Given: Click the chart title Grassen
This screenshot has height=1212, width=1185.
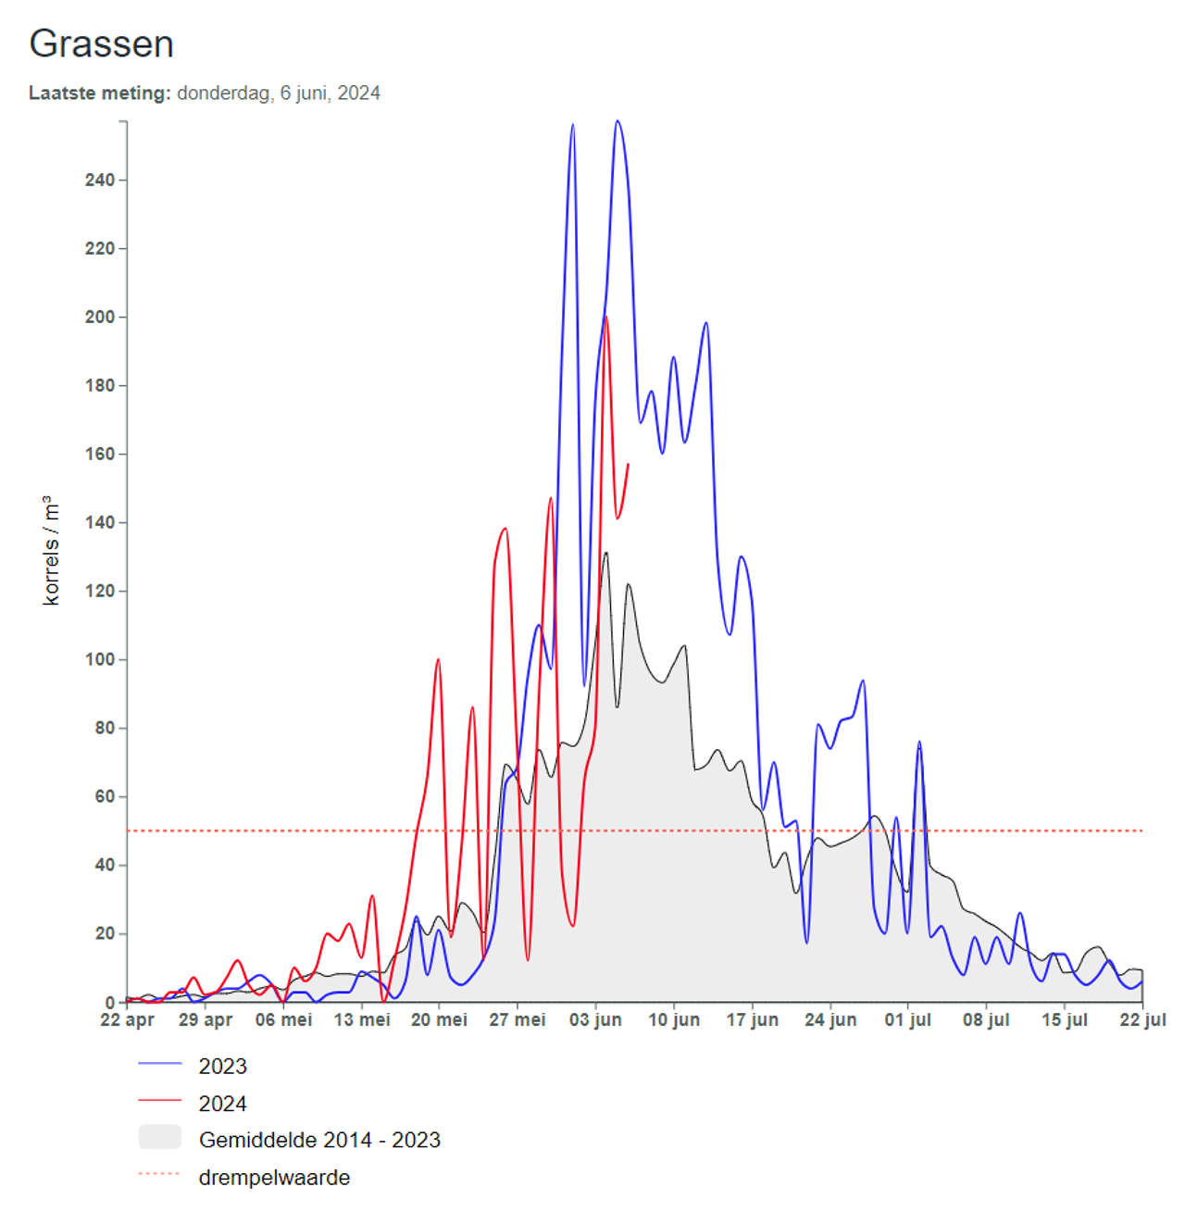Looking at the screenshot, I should [101, 44].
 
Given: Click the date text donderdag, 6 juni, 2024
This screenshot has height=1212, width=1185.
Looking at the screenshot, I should [279, 93].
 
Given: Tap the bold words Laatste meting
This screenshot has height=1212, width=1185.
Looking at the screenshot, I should [99, 93].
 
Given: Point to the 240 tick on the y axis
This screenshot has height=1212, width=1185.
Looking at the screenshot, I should [100, 180].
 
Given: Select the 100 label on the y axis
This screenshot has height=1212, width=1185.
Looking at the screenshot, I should [100, 659].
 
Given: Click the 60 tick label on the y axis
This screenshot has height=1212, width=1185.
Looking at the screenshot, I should [105, 796].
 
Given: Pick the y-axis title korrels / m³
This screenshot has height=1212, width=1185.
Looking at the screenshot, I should [51, 550].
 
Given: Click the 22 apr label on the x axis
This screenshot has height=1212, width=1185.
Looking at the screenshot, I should [127, 1019].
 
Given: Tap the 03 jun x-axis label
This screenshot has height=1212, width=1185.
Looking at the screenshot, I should [595, 1019].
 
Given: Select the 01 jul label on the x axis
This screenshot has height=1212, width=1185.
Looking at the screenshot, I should [907, 1019].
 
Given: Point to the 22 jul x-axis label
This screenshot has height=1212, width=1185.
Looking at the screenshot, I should [1142, 1019].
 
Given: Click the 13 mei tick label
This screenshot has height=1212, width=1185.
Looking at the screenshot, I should [362, 1019].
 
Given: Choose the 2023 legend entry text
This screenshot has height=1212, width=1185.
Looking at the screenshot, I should [223, 1066].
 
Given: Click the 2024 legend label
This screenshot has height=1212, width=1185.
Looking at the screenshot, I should [223, 1104].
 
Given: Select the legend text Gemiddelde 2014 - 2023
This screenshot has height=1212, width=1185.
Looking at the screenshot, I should [319, 1140].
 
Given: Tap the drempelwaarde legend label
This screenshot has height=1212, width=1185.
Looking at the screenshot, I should [274, 1178].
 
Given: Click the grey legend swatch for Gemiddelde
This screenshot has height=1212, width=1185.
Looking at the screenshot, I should [159, 1137].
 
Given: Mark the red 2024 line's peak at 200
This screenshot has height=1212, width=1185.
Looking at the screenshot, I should [606, 318].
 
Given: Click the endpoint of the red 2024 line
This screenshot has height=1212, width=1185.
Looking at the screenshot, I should [628, 464].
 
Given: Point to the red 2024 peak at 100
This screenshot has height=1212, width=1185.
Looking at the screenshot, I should [438, 660].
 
